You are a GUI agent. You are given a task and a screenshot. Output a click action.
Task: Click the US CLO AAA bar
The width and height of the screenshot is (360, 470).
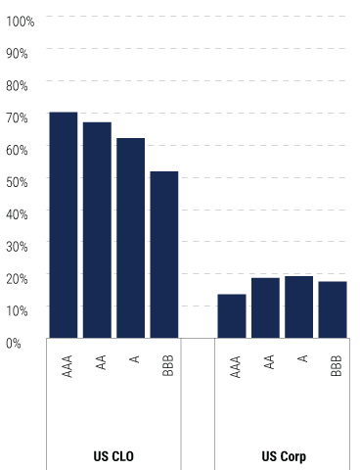click(64, 225)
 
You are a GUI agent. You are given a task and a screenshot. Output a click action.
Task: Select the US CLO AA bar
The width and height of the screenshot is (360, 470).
click(97, 230)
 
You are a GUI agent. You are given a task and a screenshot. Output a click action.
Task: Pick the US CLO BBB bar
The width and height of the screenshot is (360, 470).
click(163, 255)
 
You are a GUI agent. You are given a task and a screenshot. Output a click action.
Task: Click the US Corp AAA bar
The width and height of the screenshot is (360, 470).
click(232, 315)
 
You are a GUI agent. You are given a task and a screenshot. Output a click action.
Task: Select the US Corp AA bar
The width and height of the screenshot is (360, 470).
click(265, 307)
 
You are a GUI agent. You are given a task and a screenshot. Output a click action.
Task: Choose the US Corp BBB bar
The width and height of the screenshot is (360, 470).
click(333, 309)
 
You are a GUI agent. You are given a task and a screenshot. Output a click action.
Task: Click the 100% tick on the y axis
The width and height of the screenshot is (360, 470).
click(20, 21)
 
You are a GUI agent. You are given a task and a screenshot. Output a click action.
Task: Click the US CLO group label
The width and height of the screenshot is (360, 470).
click(113, 456)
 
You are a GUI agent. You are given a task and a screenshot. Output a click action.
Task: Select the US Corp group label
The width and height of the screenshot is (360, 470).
click(282, 456)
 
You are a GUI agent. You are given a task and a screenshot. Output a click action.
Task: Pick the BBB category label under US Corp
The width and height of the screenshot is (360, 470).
click(336, 366)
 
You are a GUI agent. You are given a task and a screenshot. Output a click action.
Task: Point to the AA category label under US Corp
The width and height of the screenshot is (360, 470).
click(268, 362)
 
